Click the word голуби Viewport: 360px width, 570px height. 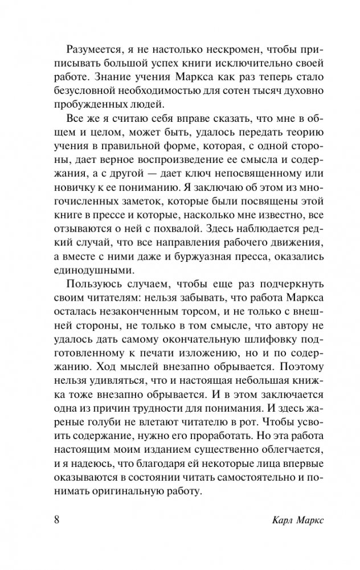(x=102, y=433)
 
